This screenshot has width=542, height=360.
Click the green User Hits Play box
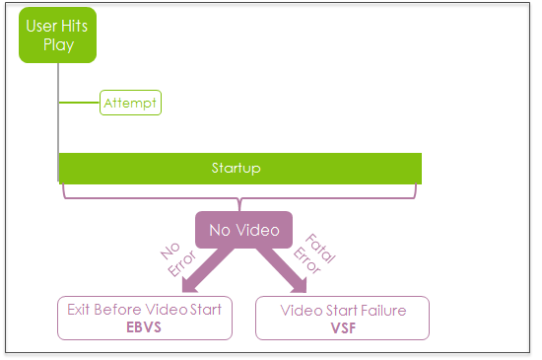(x=58, y=35)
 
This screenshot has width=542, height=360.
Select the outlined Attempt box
(x=130, y=103)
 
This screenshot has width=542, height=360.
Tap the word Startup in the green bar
(x=237, y=168)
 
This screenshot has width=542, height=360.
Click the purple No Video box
(x=244, y=230)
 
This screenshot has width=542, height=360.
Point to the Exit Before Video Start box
(x=145, y=319)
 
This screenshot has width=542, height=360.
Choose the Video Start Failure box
(x=343, y=319)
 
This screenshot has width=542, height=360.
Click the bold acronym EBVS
(x=144, y=327)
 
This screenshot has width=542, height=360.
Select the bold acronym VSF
(x=343, y=328)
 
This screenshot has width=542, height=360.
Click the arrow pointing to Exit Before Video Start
(x=206, y=269)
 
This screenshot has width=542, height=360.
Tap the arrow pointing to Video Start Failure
(x=282, y=269)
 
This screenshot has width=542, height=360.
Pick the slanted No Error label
(x=178, y=259)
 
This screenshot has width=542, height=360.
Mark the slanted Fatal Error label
(x=314, y=254)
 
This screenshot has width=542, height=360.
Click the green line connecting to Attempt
(x=79, y=103)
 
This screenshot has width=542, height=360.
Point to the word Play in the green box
(x=59, y=45)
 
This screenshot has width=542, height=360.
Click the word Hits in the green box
(x=75, y=26)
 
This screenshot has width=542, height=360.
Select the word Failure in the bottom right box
(x=383, y=311)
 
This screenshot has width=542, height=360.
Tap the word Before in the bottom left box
(x=117, y=310)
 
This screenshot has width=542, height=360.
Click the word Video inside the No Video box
(x=258, y=230)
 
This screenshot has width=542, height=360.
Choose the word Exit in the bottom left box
(x=79, y=310)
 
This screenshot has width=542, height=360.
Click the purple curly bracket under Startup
(x=239, y=198)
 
